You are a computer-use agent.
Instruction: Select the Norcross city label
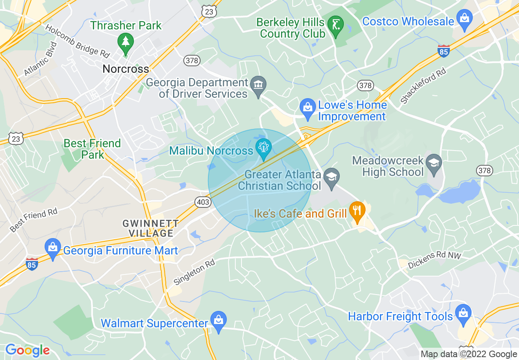pyautogui.click(x=126, y=69)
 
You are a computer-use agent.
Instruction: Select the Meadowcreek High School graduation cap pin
pyautogui.click(x=433, y=163)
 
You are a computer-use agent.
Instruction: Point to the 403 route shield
pyautogui.click(x=203, y=202)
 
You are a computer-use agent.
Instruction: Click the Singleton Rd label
pyautogui.click(x=194, y=273)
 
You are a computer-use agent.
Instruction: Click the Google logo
pyautogui.click(x=27, y=350)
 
